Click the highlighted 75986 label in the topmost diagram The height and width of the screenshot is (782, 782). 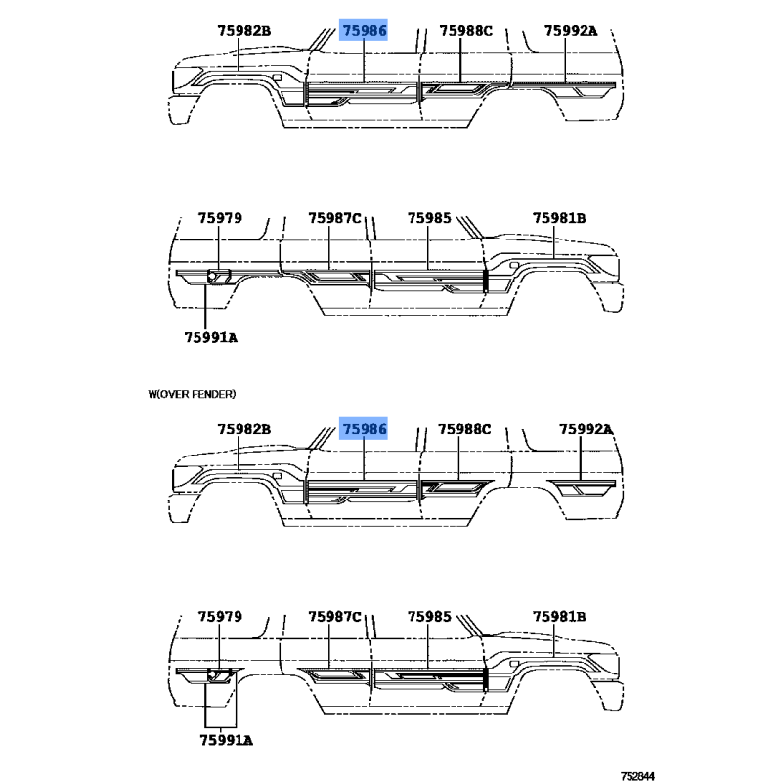coord(364,31)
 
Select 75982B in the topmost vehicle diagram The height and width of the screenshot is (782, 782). coord(243,31)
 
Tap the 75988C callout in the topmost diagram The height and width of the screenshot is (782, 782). coord(466,31)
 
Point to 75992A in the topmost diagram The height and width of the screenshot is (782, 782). coord(571,31)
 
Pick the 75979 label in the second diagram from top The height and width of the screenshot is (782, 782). coord(220,218)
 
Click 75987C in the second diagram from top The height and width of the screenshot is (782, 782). coord(334,218)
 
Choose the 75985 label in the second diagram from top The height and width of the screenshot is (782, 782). coord(429,218)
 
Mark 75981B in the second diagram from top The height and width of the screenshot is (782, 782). coord(559,218)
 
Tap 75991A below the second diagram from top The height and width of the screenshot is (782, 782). coord(211,337)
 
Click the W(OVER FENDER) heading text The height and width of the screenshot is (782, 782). coord(192,394)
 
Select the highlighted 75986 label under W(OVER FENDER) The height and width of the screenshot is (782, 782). coord(364,429)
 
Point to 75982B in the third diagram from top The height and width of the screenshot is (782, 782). coord(243,429)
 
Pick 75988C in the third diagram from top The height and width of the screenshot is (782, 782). coord(464,429)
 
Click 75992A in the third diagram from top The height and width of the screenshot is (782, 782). coord(586,429)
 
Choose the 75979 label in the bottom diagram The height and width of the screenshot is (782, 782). coord(220,617)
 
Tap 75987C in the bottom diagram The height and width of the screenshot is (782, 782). coord(334,617)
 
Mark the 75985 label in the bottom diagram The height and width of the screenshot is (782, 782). coord(429,617)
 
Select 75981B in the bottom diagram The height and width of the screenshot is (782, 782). coord(559,617)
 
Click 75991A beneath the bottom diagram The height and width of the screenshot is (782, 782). coord(227,741)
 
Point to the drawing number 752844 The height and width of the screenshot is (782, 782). coord(637,776)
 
